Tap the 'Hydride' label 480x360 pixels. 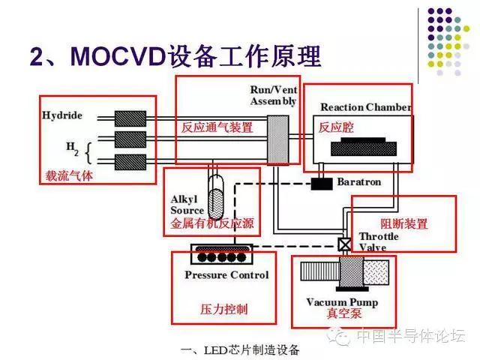click(x=62, y=116)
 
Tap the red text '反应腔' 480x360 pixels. click(x=334, y=127)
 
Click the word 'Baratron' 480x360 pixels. click(x=358, y=181)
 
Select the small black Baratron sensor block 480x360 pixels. click(x=322, y=182)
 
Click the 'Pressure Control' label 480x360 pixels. click(x=226, y=275)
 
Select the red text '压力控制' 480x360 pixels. click(x=226, y=309)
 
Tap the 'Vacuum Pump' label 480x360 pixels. click(x=342, y=302)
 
